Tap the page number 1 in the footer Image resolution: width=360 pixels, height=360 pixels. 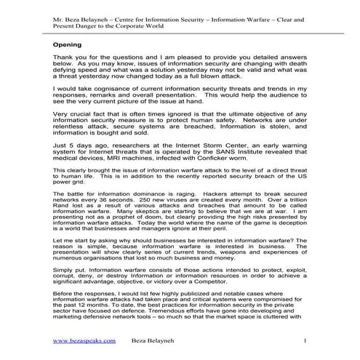[306, 340]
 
